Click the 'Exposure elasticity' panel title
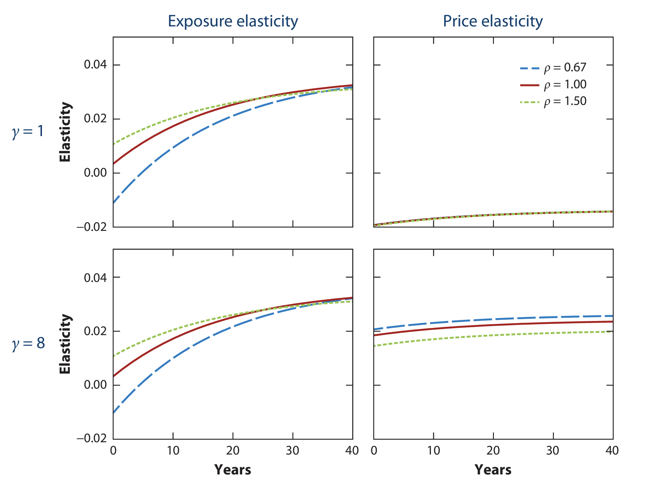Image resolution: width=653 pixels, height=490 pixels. tap(233, 21)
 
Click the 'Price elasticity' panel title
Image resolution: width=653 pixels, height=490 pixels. tap(493, 21)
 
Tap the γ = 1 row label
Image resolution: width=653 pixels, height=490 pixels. tap(28, 132)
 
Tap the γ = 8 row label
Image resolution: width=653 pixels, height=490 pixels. tap(29, 343)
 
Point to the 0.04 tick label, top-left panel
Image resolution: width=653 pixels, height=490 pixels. tap(96, 65)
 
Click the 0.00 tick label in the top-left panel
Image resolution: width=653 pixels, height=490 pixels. tap(96, 173)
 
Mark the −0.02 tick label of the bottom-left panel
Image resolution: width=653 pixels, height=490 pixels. tap(92, 439)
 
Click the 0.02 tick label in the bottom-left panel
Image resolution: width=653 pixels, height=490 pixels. tap(96, 331)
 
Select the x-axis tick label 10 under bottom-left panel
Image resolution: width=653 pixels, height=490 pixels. tap(173, 451)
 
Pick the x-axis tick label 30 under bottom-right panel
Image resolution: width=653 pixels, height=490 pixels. tap(553, 451)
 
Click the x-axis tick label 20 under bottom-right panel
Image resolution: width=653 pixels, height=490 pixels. tap(493, 451)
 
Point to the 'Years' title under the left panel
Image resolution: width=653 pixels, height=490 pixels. tap(232, 470)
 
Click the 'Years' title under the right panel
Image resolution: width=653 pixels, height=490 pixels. tap(493, 470)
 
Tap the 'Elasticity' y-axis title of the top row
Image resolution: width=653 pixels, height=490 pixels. tap(65, 132)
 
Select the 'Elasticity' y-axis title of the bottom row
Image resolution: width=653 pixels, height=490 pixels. tap(65, 344)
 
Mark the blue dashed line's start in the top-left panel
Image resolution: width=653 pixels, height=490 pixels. tap(114, 203)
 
